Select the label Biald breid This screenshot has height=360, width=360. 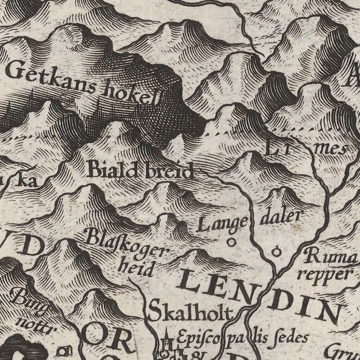tap(140, 170)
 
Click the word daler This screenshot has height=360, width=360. tap(281, 217)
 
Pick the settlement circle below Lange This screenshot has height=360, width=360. tap(232, 242)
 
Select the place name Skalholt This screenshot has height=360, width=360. tap(190, 312)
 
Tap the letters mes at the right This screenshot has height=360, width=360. tap(335, 149)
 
